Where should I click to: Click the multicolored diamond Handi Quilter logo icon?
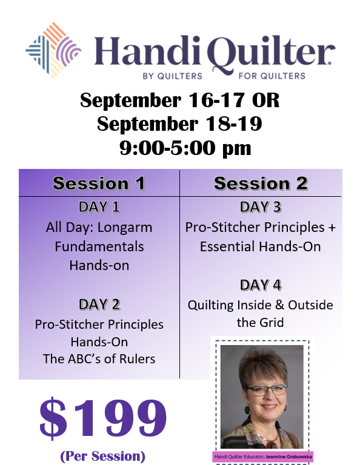(53, 50)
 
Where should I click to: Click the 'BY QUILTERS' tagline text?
(173, 76)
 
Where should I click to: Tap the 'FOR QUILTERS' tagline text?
(272, 76)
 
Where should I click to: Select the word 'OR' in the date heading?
(265, 100)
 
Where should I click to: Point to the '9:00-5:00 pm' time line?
(185, 148)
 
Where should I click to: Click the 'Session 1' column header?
(99, 183)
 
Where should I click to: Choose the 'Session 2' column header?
(261, 183)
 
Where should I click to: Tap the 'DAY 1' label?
(99, 207)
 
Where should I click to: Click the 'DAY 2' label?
(99, 305)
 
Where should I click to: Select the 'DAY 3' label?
(260, 207)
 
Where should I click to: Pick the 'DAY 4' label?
(260, 285)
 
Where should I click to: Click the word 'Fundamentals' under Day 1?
(99, 247)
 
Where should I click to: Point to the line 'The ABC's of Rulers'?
(99, 359)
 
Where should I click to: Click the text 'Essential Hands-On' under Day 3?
(260, 247)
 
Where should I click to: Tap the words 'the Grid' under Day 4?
(260, 322)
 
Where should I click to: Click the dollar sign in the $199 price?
(53, 418)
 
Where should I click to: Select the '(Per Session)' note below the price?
(102, 456)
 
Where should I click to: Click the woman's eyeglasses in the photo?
(267, 390)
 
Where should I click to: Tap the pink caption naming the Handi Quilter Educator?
(263, 457)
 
